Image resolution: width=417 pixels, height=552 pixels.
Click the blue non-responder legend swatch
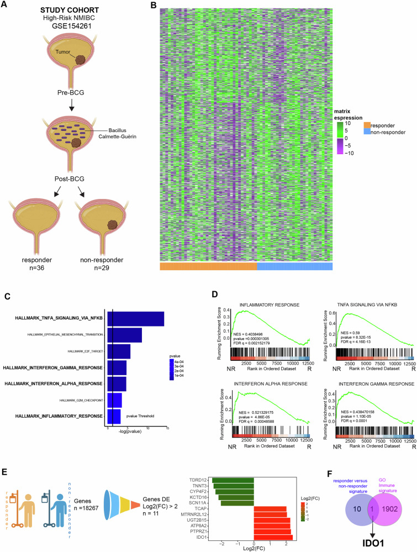pyautogui.click(x=367, y=133)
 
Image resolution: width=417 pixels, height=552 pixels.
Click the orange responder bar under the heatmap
pyautogui.click(x=208, y=266)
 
